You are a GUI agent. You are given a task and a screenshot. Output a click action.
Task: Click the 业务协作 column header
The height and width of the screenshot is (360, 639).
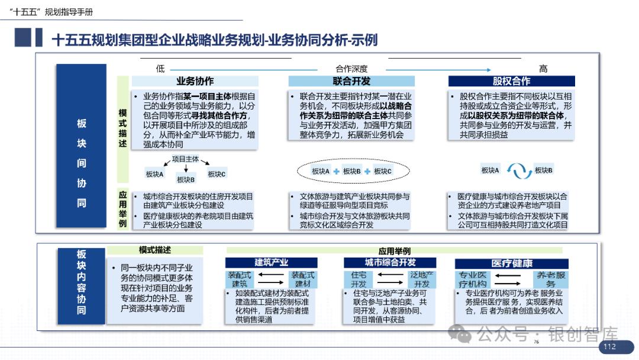(x=195, y=82)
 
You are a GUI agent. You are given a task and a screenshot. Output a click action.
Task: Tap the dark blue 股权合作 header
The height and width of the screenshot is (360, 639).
(x=512, y=82)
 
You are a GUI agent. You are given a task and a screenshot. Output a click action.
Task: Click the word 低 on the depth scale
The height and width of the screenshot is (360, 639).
(x=160, y=69)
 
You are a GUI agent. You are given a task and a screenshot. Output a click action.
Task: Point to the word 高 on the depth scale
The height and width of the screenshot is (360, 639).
(x=543, y=69)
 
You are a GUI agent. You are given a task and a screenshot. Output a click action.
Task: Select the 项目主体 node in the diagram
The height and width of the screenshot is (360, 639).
(x=185, y=159)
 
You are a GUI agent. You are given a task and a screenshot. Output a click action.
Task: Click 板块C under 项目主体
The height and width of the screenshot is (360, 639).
(x=217, y=174)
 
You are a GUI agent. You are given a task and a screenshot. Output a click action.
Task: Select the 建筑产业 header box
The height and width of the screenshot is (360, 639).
(x=272, y=263)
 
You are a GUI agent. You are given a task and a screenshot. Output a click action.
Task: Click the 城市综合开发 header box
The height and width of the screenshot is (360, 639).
(x=390, y=263)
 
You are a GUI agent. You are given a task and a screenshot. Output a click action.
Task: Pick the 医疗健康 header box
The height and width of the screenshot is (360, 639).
(x=512, y=263)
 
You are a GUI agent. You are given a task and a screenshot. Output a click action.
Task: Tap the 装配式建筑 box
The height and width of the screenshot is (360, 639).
(x=240, y=280)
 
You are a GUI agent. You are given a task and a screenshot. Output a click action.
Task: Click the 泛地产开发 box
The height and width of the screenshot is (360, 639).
(x=422, y=280)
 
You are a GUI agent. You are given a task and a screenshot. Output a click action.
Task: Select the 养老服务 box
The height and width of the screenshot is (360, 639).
(x=550, y=280)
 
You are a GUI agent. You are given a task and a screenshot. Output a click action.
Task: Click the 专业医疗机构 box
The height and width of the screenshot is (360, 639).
(x=473, y=280)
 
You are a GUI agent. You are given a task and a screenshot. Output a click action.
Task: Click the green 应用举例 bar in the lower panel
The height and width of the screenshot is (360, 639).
(x=395, y=251)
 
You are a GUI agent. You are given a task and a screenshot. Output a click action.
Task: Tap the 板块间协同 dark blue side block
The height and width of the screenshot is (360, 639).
(x=82, y=163)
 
